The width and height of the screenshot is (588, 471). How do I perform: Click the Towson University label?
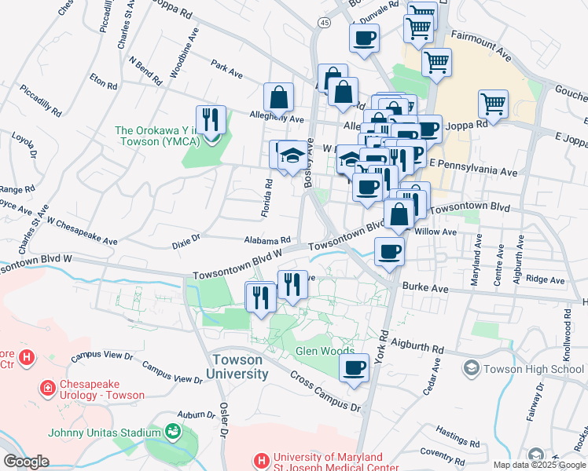coord(240,367)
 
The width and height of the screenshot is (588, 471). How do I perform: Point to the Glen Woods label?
coord(325,351)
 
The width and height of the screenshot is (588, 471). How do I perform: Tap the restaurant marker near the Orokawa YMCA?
coord(210,120)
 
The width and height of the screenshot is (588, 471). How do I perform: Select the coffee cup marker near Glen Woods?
coord(355,367)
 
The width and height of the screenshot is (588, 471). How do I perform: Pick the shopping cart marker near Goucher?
coord(493,103)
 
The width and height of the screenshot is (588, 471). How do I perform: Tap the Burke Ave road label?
coord(425,289)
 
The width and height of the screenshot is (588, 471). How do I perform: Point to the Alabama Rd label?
coord(267,240)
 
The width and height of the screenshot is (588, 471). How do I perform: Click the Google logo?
coord(26,462)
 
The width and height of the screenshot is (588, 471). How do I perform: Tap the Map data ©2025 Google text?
coord(539,465)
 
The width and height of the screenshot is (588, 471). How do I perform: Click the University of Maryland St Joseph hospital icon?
coord(260,459)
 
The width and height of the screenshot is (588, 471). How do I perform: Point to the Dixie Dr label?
coord(186,245)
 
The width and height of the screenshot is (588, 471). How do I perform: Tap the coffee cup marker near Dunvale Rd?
coord(364,38)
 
